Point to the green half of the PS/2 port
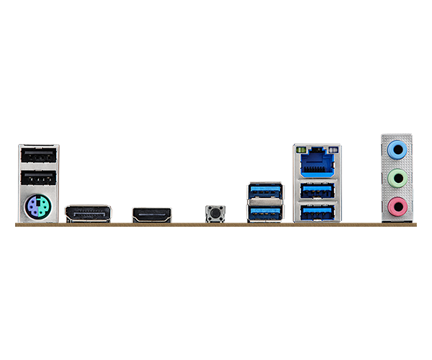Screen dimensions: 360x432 [x=43, y=210]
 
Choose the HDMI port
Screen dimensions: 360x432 [x=151, y=215]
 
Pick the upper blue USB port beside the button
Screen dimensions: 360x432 [x=264, y=191]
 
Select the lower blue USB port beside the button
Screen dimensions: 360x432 [x=264, y=212]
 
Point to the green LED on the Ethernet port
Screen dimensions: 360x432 [x=302, y=150]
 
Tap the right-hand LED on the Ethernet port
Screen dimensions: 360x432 [x=332, y=150]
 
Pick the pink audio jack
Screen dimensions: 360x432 [x=395, y=207]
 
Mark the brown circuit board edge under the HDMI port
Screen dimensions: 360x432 [x=151, y=224]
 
